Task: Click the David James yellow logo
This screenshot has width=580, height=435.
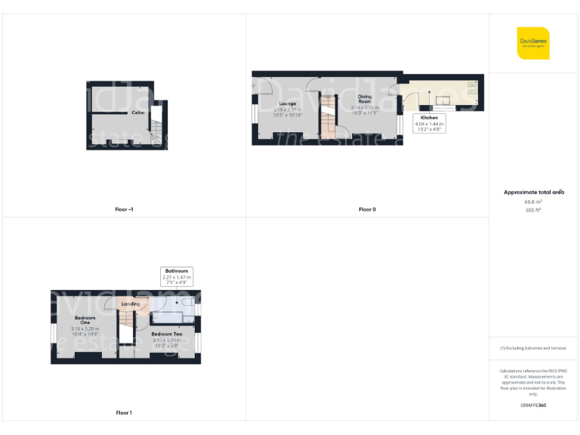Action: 533,43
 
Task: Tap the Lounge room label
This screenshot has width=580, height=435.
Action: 287,103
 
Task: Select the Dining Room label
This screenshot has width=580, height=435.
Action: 364,98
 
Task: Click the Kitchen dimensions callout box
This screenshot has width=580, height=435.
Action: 430,124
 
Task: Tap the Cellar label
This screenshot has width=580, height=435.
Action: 138,113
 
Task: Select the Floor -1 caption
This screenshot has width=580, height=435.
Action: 124,209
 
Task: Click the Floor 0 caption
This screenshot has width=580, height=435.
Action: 367,209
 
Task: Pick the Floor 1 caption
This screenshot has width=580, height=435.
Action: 124,412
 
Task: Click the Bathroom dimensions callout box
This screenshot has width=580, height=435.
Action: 177,274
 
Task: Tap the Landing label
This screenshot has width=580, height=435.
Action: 131,304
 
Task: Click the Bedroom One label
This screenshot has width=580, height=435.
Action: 85,321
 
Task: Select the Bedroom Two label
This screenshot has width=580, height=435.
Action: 167,334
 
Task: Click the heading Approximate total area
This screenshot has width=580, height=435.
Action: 534,193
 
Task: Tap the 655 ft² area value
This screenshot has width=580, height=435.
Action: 533,210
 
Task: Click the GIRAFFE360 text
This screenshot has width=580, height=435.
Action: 533,406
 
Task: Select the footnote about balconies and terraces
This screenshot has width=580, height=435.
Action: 533,348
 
